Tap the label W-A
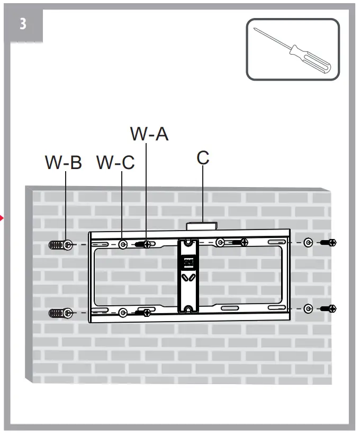(149, 134)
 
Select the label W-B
(64, 163)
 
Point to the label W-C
(115, 163)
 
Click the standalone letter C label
(203, 157)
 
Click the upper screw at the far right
(329, 243)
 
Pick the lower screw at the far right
(329, 308)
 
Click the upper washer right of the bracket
(308, 243)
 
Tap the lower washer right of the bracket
(308, 308)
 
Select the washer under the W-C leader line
(122, 244)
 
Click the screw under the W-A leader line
(143, 244)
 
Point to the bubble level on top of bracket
(202, 226)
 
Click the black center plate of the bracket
(188, 276)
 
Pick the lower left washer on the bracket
(122, 313)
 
